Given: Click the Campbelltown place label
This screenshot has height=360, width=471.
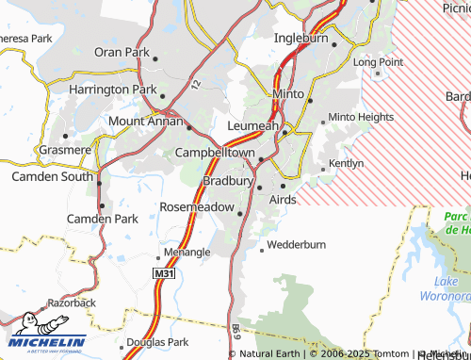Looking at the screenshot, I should (214, 152).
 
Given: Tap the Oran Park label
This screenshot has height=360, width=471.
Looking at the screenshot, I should (120, 51).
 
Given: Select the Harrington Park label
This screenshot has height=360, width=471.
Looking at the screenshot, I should (111, 89).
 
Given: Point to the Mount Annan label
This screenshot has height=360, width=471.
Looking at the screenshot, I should (145, 121).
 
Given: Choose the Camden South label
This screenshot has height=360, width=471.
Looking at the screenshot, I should (52, 176).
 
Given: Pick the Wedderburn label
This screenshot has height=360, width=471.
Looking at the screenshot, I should (296, 245).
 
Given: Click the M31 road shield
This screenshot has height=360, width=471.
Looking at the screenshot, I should (164, 271).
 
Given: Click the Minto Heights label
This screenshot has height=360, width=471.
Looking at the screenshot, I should (361, 118).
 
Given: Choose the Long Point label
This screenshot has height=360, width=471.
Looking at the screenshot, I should (378, 61).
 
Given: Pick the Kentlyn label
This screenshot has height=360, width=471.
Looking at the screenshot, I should (345, 163).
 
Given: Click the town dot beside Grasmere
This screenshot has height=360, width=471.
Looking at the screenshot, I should (65, 135).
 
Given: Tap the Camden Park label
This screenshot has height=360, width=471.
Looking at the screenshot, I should (103, 219).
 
